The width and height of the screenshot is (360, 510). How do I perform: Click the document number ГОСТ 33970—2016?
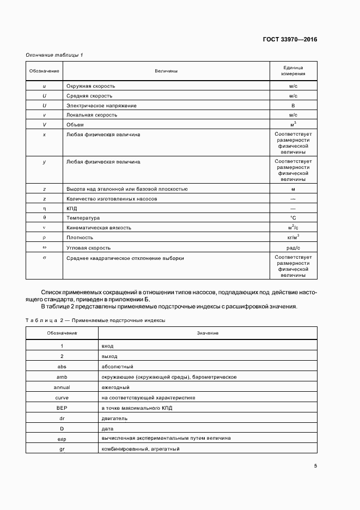[x=290, y=39]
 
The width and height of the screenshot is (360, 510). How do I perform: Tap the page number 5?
[x=315, y=465]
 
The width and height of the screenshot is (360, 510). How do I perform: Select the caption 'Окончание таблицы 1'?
[x=54, y=55]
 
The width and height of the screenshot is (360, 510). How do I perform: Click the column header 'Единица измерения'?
[x=293, y=70]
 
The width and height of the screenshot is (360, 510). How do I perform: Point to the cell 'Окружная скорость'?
[x=90, y=86]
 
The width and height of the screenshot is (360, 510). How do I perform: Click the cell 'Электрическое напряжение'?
[x=101, y=105]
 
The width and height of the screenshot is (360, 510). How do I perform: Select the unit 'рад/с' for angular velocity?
[x=293, y=247]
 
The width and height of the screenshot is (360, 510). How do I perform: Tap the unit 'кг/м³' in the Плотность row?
[x=293, y=237]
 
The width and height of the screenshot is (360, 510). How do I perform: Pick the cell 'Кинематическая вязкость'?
[x=99, y=228]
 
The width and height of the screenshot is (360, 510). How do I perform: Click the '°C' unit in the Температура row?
[x=293, y=218]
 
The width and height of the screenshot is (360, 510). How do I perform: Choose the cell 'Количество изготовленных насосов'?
[x=112, y=199]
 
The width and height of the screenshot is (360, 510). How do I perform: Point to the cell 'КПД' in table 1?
[x=72, y=209]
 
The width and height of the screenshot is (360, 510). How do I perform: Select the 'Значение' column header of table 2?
[x=208, y=333]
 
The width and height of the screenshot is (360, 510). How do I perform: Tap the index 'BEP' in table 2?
[x=62, y=408]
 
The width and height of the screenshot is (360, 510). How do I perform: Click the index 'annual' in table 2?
[x=62, y=387]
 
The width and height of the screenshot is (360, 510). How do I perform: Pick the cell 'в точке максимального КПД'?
[x=136, y=408]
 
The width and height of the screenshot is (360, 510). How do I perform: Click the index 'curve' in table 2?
[x=62, y=398]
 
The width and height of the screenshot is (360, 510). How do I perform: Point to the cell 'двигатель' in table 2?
[x=114, y=418]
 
